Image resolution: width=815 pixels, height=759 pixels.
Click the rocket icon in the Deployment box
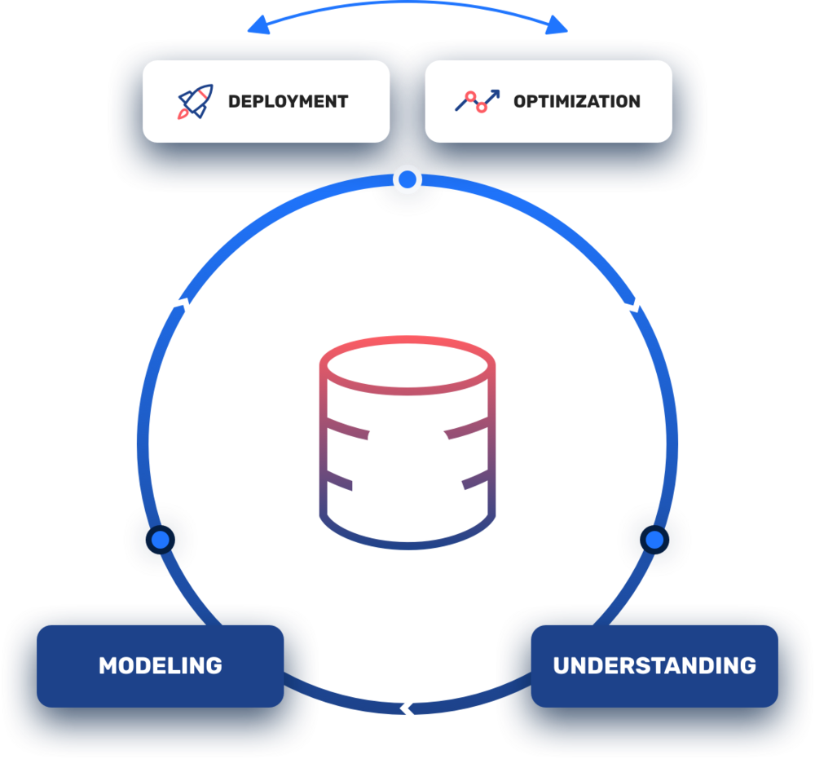click(196, 101)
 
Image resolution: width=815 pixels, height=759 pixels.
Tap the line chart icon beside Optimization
click(477, 101)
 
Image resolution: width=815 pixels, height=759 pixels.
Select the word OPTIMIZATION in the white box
click(576, 102)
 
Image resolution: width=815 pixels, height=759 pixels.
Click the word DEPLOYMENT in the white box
click(288, 102)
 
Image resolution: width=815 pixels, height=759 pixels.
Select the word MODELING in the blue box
click(160, 665)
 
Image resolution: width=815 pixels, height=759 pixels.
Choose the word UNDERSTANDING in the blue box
click(654, 665)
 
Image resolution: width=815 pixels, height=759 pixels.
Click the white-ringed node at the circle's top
click(407, 179)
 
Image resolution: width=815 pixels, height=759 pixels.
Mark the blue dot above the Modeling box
click(160, 539)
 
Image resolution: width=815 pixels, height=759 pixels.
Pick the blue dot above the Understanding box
click(654, 539)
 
